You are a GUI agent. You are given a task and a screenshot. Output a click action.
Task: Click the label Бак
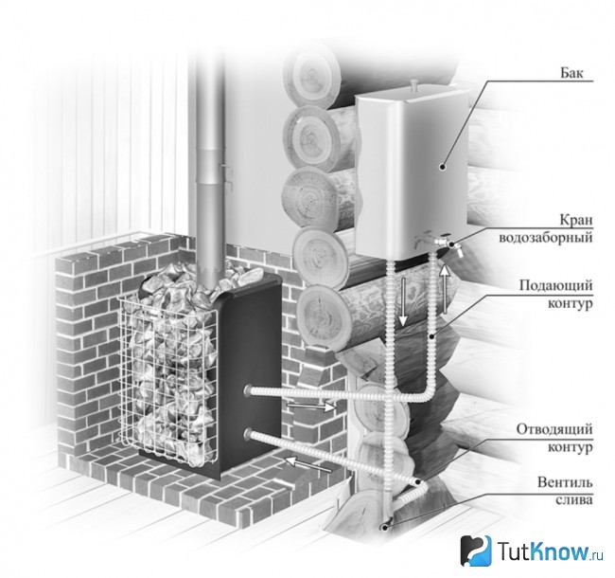[571, 73]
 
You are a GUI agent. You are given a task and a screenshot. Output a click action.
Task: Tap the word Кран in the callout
[576, 220]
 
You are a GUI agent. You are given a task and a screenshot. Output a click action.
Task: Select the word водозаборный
[546, 238]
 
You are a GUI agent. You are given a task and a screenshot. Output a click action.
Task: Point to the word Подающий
[556, 285]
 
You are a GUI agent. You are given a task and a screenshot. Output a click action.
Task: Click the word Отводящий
[554, 429]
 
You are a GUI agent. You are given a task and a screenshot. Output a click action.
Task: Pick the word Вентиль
[565, 481]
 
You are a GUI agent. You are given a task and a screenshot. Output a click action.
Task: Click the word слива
[574, 500]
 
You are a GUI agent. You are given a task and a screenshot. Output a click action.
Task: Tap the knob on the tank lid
[413, 83]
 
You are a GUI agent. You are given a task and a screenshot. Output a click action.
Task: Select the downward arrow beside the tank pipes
[403, 301]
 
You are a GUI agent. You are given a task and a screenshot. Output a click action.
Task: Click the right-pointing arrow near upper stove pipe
[311, 406]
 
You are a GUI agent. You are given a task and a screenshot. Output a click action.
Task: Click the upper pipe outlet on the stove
[249, 389]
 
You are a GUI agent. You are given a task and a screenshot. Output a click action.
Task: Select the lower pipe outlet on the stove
[249, 433]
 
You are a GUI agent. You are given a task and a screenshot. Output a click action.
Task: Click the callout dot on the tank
[443, 167]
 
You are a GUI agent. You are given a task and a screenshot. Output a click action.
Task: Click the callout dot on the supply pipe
[430, 336]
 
